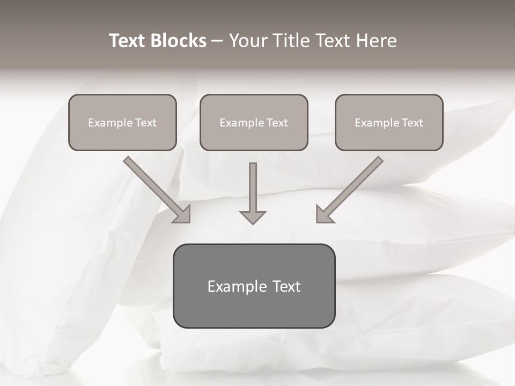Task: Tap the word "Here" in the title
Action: [376, 41]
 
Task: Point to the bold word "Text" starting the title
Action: [128, 41]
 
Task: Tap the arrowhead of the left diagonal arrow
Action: [184, 216]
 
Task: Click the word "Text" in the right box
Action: [412, 123]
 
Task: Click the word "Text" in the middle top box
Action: [277, 123]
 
